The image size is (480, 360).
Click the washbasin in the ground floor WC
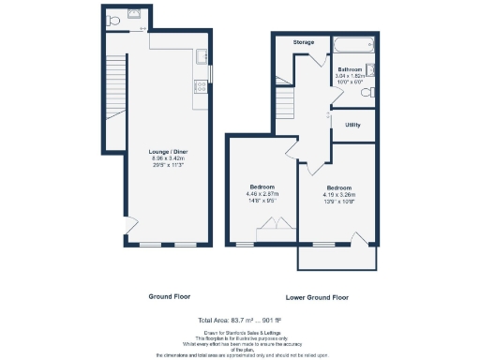[x=136, y=13]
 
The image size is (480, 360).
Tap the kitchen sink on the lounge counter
[x=200, y=58]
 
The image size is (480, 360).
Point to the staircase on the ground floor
[x=115, y=84]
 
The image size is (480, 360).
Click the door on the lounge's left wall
[x=127, y=225]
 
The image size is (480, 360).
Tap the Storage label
[x=303, y=43]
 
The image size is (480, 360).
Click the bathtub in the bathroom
[x=356, y=44]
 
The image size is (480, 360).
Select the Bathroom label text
[x=351, y=69]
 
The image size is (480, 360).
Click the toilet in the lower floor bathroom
[x=370, y=91]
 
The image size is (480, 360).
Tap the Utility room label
[x=353, y=124]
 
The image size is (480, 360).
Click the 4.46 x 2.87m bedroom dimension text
[x=261, y=194]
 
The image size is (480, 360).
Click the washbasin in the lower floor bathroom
[x=372, y=70]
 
